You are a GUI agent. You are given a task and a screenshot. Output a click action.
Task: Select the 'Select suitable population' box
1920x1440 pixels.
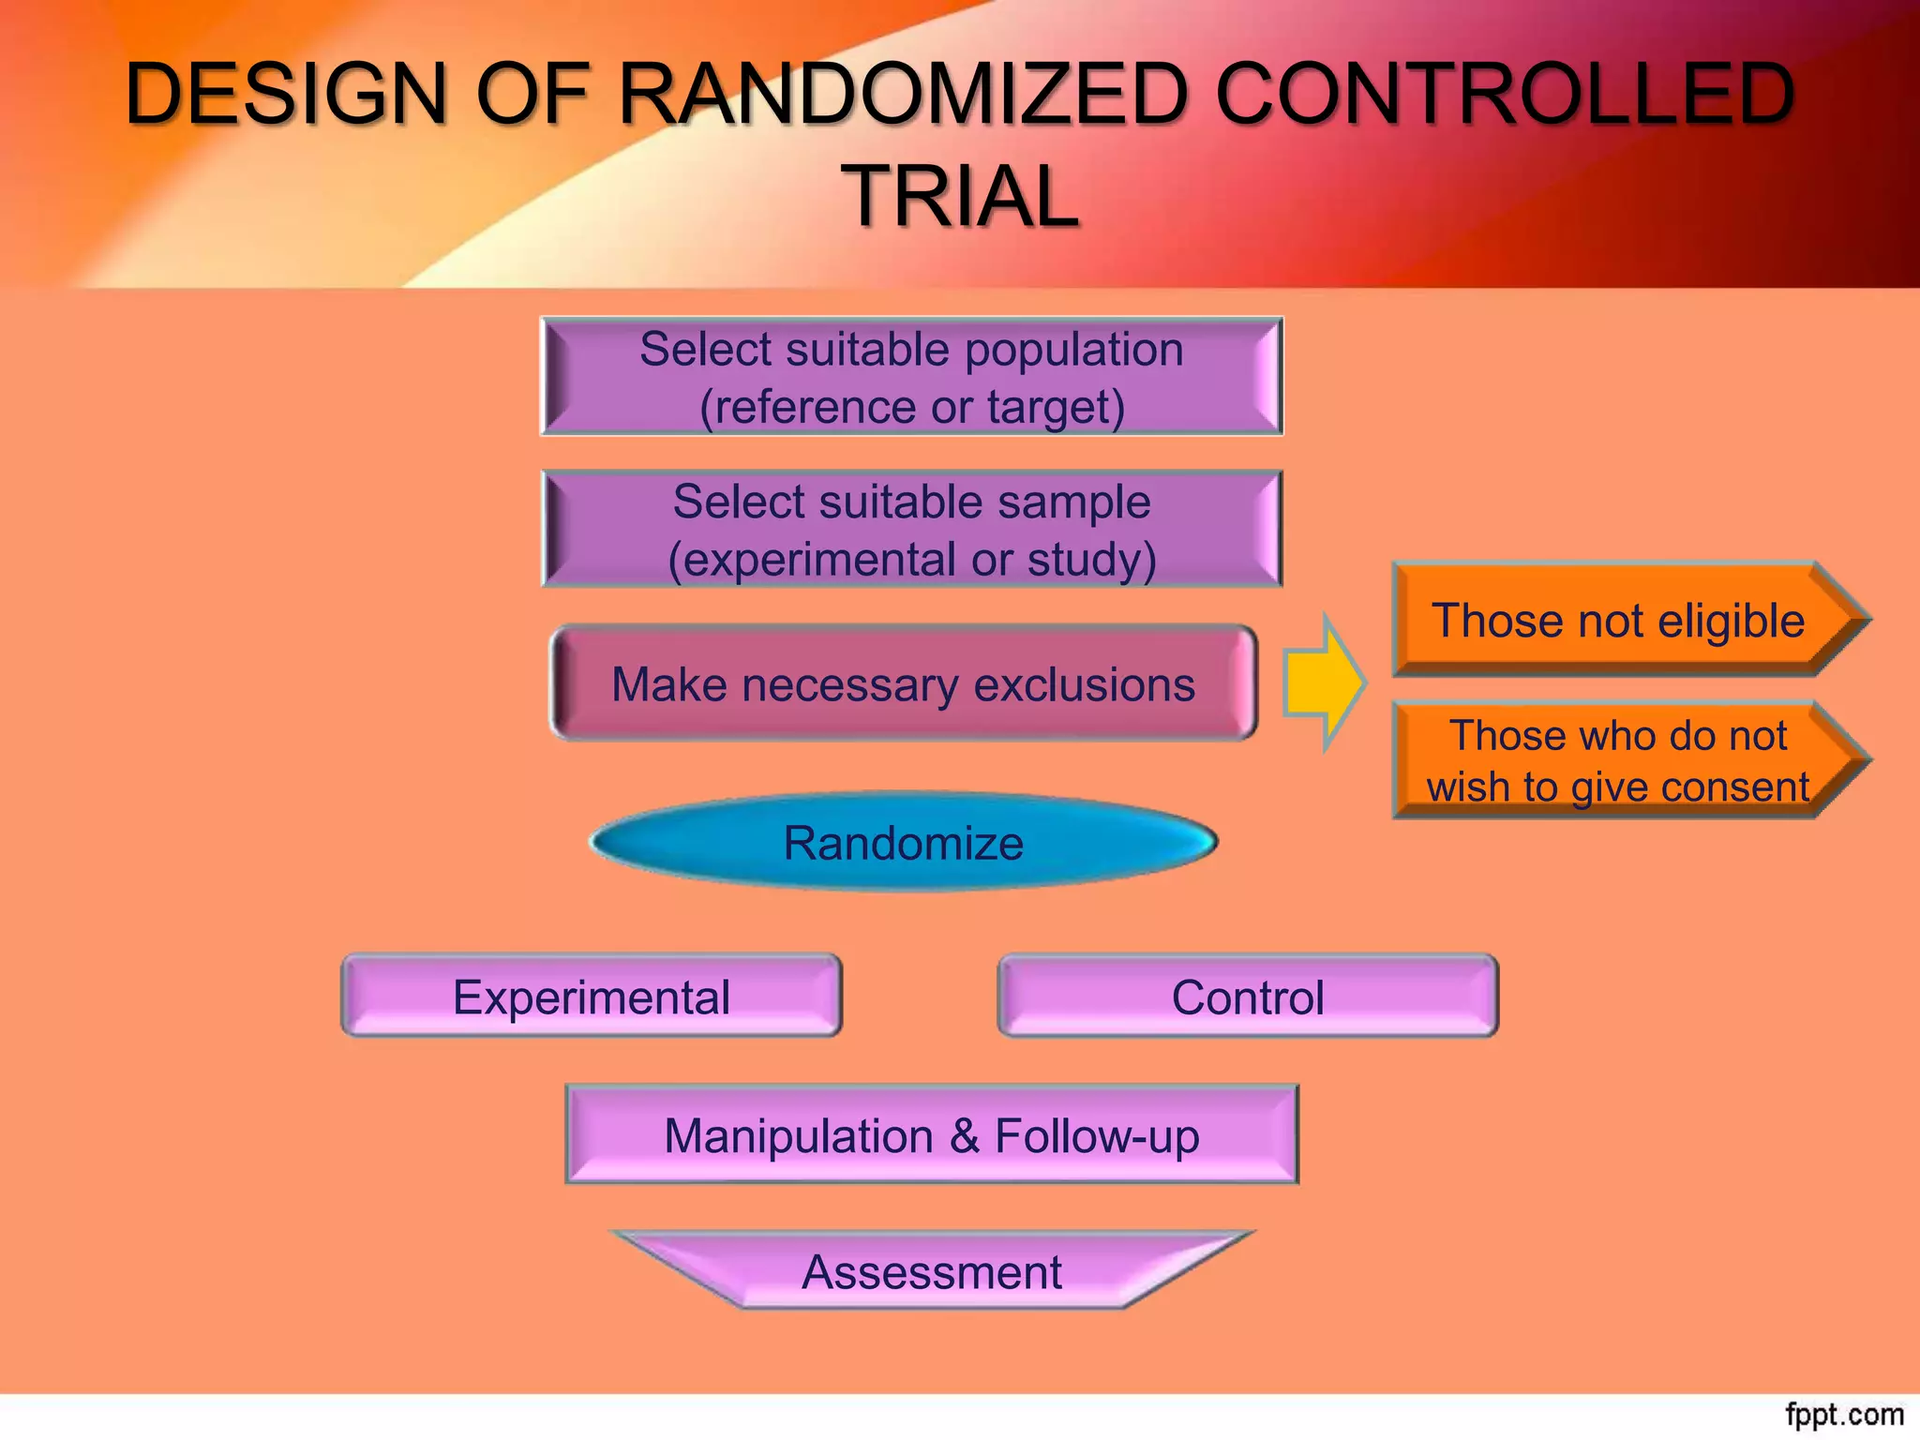(x=911, y=376)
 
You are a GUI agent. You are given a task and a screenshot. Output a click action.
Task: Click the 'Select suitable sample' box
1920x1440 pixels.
(x=911, y=529)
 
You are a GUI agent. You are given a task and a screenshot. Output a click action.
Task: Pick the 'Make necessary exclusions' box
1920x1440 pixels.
(x=903, y=683)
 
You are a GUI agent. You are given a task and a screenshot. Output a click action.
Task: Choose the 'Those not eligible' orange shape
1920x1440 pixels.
(x=1618, y=620)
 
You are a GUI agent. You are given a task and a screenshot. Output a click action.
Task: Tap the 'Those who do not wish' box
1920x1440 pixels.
(x=1618, y=760)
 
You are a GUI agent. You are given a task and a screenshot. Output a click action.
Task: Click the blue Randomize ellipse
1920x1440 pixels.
(x=903, y=842)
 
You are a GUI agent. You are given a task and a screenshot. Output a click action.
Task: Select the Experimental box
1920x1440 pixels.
(x=591, y=997)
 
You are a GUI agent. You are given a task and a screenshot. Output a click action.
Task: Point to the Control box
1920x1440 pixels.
(x=1247, y=997)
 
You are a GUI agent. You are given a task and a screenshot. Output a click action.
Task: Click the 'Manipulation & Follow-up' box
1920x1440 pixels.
(x=931, y=1135)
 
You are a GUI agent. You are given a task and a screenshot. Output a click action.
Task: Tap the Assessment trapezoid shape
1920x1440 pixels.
(x=931, y=1272)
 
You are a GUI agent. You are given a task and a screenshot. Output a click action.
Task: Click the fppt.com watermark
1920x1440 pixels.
(x=1843, y=1415)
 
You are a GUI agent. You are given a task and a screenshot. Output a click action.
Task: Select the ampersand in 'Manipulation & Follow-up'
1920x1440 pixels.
(x=965, y=1136)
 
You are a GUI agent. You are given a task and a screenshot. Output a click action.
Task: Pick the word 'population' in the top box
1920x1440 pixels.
(x=1073, y=350)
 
